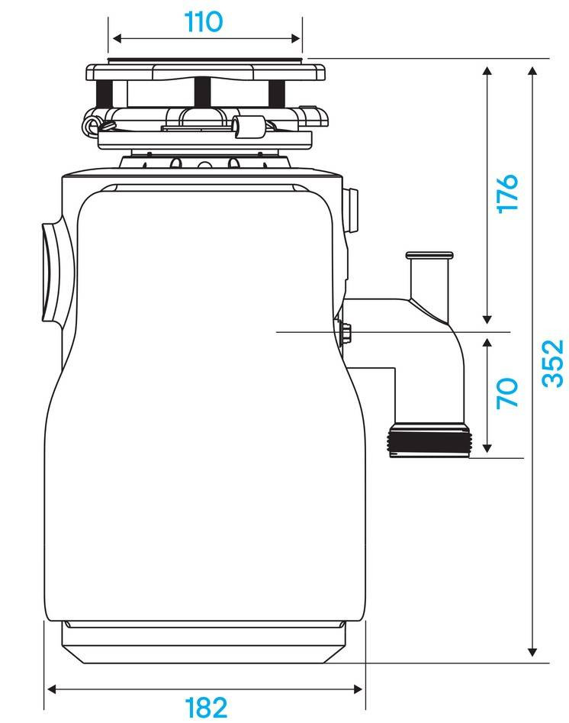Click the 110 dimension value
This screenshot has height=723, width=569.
[203, 21]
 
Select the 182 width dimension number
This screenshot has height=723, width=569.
[206, 707]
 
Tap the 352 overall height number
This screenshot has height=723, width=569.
[553, 363]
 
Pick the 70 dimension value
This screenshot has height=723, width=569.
[507, 393]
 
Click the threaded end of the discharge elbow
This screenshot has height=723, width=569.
[429, 442]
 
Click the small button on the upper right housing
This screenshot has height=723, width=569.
[352, 210]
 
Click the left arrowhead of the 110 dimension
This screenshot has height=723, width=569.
[117, 38]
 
